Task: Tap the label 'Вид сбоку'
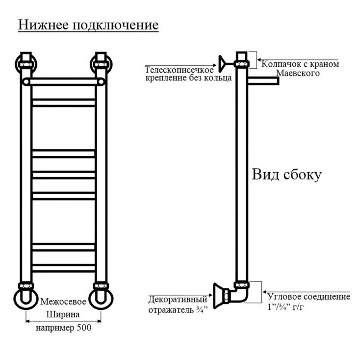pos(286,175)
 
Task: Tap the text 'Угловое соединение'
pos(309,297)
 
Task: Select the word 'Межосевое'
pos(63,301)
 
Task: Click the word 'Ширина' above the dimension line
pos(63,314)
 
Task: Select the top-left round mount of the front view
pos(24,64)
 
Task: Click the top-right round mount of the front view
pos(101,64)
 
